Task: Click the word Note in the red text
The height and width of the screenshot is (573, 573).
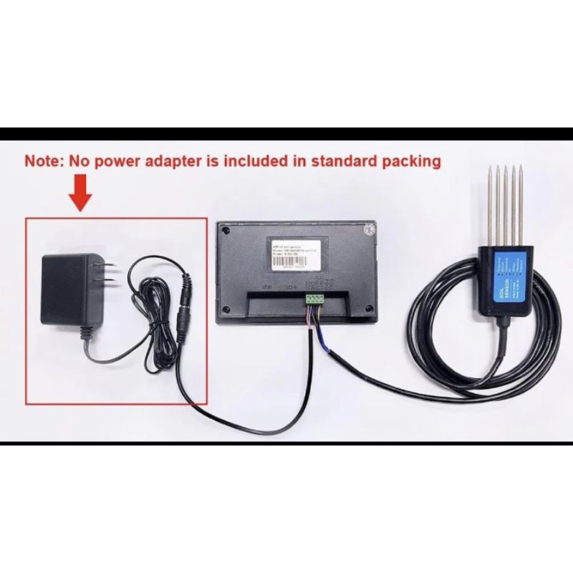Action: tap(44, 161)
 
